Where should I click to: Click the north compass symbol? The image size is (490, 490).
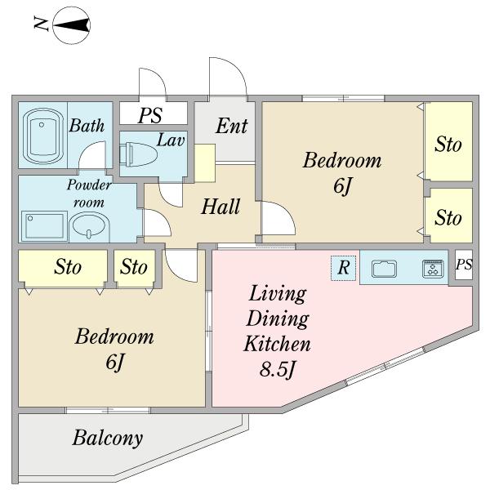click(x=72, y=25)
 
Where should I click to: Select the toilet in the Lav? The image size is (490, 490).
click(x=139, y=154)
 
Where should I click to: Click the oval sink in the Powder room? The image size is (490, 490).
click(x=89, y=227)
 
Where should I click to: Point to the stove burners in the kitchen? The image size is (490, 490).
click(x=433, y=269)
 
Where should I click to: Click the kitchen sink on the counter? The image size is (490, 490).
click(x=384, y=269)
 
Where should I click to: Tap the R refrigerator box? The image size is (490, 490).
click(x=344, y=268)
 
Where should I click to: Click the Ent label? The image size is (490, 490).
click(x=232, y=126)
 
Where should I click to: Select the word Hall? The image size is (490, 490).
click(x=220, y=207)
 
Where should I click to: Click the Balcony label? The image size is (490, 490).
click(x=108, y=439)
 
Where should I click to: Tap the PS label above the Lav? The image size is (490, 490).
click(x=150, y=115)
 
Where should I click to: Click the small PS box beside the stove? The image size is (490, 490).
click(x=464, y=265)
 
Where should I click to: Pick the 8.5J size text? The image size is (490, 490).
click(x=277, y=369)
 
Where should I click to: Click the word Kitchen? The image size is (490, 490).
click(x=277, y=343)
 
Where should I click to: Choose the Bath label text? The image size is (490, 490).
click(x=87, y=126)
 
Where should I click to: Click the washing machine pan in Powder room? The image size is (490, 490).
click(x=44, y=226)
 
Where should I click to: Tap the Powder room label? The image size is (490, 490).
click(x=89, y=194)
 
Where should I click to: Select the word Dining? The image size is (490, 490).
click(x=278, y=319)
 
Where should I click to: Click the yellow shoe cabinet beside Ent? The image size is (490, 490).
click(x=205, y=163)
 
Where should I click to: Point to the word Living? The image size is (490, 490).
click(x=277, y=294)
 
